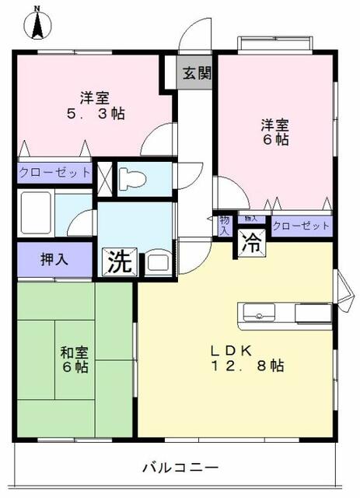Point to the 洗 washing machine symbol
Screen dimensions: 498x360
click(119, 261)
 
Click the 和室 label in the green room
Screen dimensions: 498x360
click(74, 351)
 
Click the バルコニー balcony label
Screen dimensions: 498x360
click(180, 468)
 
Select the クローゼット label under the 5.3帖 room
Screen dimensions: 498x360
click(54, 172)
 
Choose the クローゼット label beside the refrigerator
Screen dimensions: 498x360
click(302, 226)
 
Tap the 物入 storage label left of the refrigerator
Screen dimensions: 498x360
click(224, 226)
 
